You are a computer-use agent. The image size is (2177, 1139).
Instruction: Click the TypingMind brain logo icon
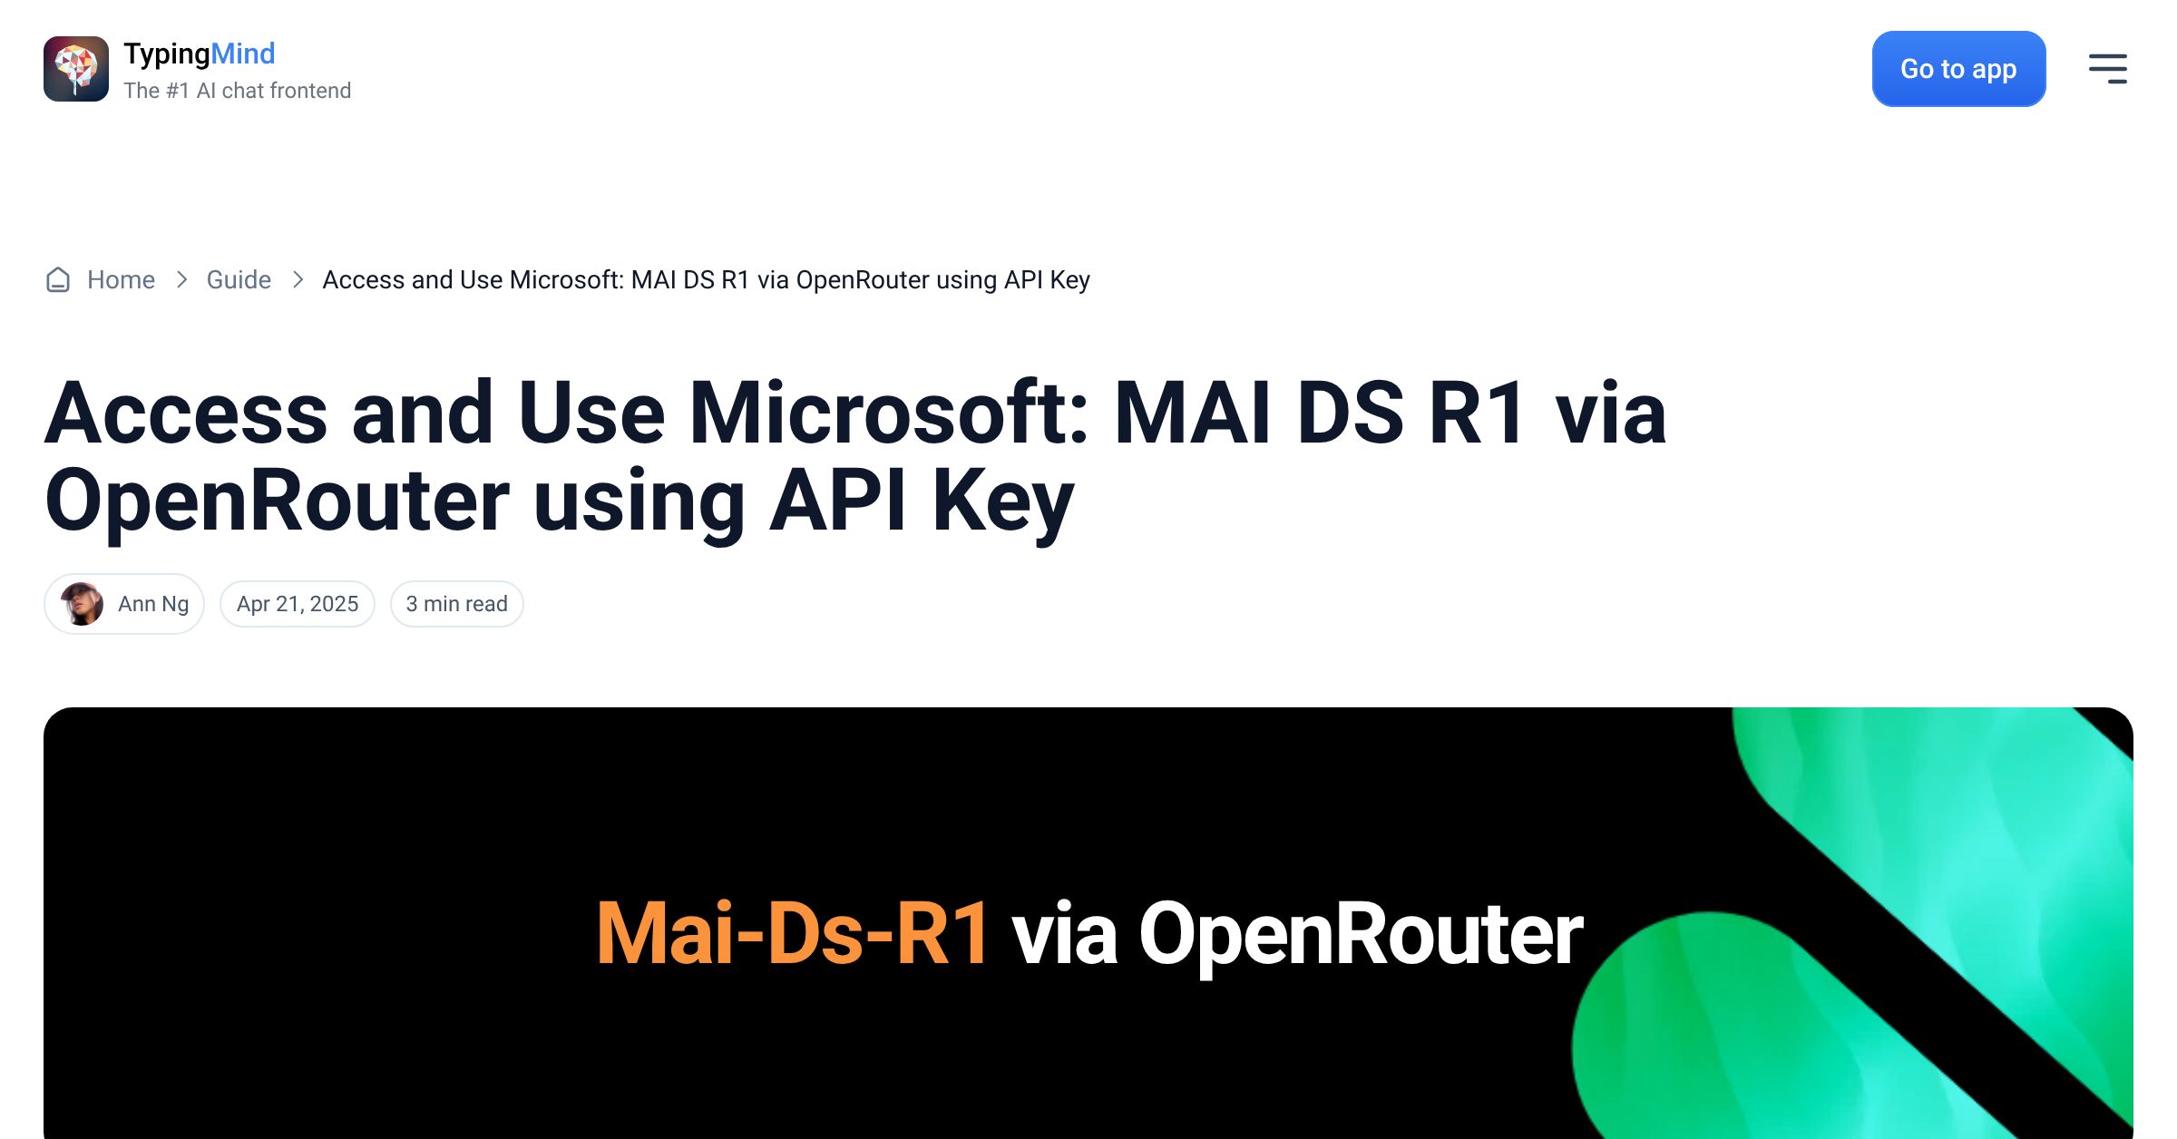coord(76,69)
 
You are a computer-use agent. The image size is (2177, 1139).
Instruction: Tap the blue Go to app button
coord(1958,69)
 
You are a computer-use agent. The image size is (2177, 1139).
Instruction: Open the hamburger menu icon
coord(2107,69)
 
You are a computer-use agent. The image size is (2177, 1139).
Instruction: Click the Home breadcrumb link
coord(121,279)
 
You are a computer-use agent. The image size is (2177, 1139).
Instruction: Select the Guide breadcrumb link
coord(239,279)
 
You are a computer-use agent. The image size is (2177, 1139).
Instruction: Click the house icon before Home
coord(58,279)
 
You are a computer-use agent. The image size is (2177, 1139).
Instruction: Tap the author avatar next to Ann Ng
coord(82,604)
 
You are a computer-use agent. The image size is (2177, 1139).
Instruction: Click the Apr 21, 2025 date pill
coord(298,604)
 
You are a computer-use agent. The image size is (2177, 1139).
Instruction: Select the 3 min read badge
coord(456,604)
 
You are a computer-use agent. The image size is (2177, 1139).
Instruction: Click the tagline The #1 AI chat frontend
coord(238,91)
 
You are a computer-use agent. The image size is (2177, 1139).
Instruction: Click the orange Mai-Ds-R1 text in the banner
coord(793,933)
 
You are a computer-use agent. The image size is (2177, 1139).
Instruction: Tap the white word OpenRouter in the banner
coord(1361,936)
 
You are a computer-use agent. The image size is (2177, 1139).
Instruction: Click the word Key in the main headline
coord(1003,501)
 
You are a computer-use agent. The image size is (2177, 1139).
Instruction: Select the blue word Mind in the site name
coord(243,54)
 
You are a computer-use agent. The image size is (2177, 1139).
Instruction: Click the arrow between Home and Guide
coord(181,279)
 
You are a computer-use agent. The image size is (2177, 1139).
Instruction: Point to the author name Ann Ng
coord(153,604)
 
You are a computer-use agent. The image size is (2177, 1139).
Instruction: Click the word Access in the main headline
coord(186,413)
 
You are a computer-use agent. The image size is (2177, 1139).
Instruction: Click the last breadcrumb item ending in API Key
coord(706,280)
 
